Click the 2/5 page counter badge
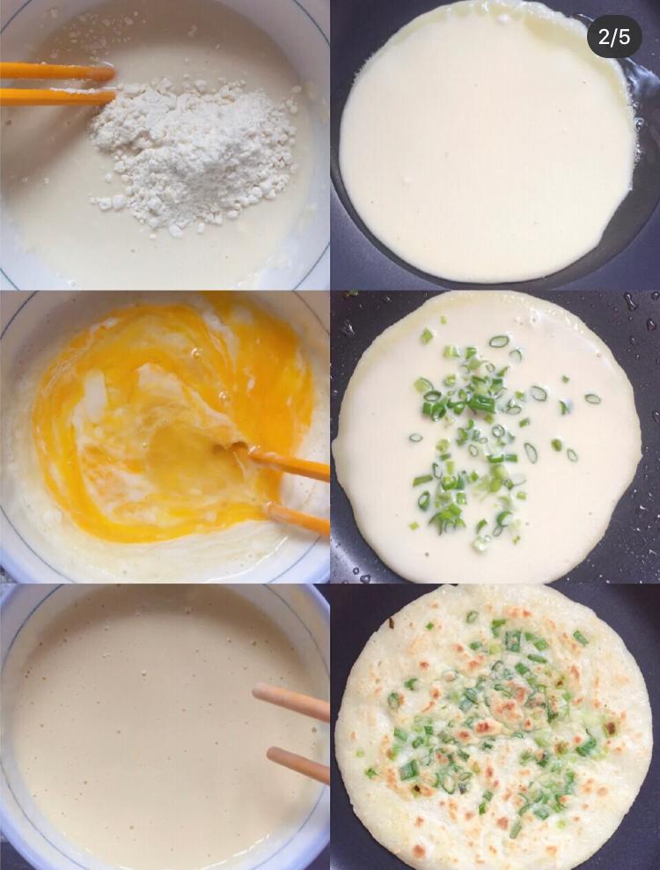[614, 37]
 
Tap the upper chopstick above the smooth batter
[291, 702]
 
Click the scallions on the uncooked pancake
[488, 439]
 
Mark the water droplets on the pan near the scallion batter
[638, 311]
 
